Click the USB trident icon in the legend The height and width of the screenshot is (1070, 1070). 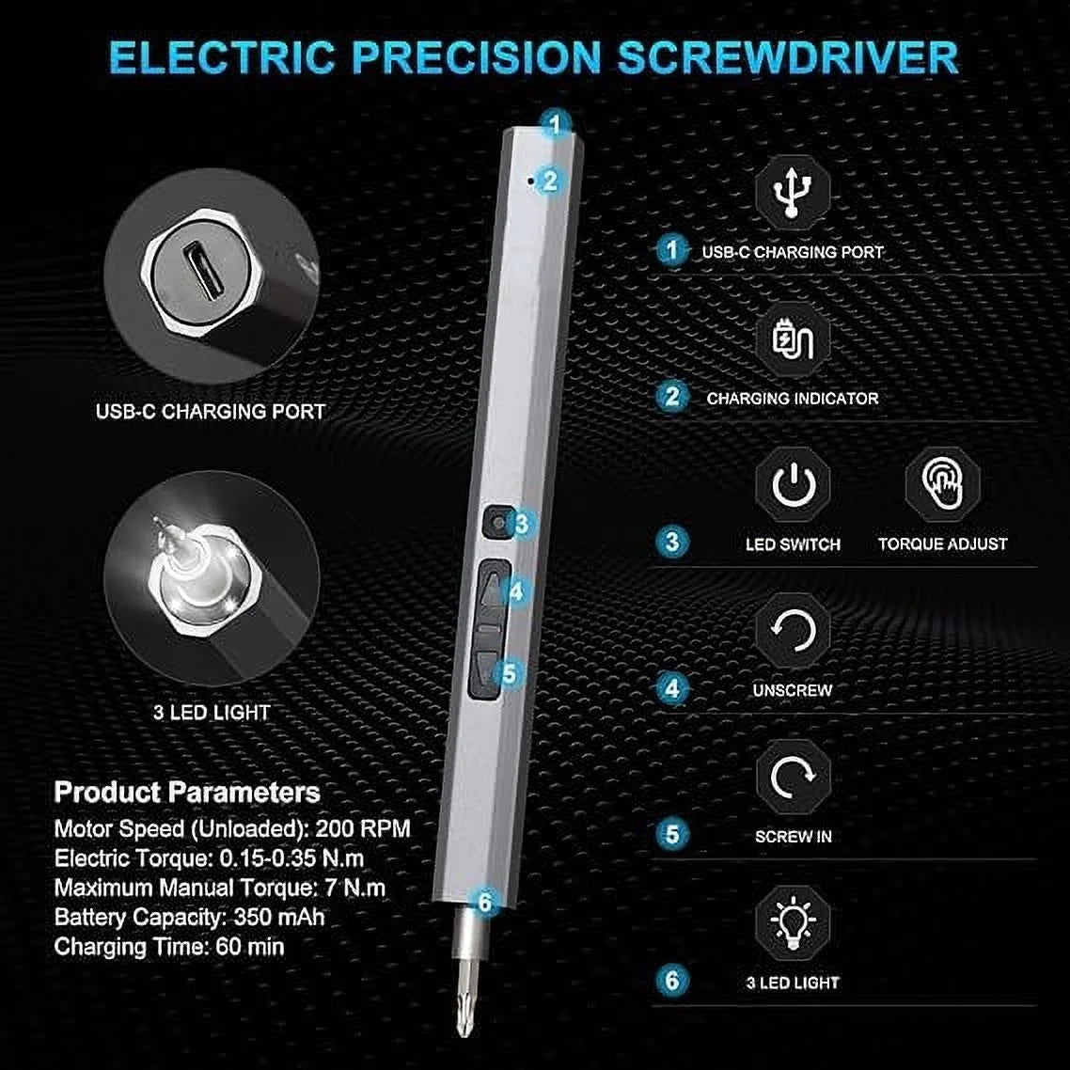(793, 193)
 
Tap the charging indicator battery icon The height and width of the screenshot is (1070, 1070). (793, 338)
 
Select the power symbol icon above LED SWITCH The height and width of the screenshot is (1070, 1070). (793, 484)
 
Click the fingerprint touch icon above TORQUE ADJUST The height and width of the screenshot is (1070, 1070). (942, 483)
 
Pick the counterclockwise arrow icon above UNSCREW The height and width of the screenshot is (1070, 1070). (793, 630)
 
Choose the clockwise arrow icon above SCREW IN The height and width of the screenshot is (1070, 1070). (793, 777)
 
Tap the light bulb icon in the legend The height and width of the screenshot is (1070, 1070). (793, 922)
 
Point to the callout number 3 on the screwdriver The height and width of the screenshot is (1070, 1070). (522, 524)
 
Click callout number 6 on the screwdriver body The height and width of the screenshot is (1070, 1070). (485, 902)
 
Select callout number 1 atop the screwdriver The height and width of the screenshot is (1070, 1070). (556, 124)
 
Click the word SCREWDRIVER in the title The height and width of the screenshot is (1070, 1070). (788, 57)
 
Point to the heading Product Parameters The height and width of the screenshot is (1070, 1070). (187, 792)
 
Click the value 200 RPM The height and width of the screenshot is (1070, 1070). (363, 828)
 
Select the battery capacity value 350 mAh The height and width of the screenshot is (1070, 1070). (279, 917)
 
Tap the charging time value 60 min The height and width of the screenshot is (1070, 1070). (250, 947)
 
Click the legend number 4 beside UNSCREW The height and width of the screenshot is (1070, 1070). (672, 688)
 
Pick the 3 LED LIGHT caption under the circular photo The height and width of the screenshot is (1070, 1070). (212, 713)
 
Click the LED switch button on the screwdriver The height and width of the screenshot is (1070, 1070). (497, 523)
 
